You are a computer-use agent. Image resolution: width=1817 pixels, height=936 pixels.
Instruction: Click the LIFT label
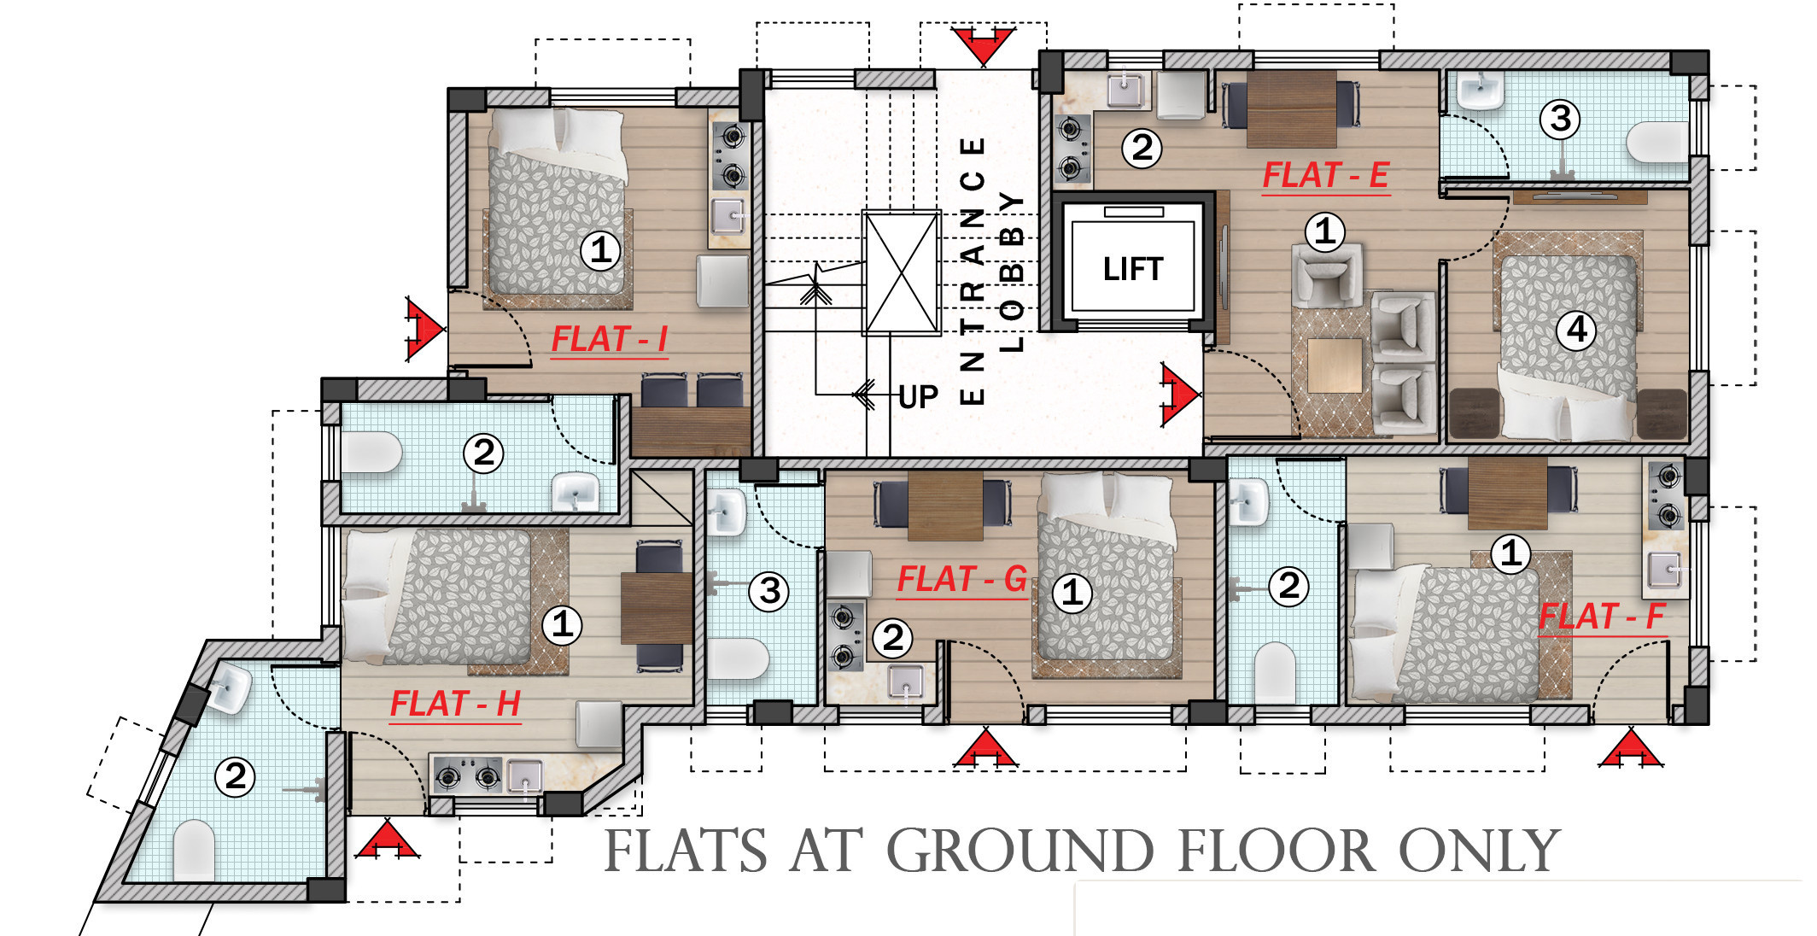coord(1133,269)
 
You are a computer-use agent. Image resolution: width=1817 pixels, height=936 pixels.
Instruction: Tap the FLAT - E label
coord(1325,175)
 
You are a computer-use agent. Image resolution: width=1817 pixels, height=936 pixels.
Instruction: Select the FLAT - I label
coord(609,339)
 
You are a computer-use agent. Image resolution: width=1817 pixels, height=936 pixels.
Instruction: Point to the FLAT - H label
coord(455,704)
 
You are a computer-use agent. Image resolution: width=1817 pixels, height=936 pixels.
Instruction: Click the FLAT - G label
coord(961,579)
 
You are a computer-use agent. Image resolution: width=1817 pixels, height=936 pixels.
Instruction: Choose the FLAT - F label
coord(1602,616)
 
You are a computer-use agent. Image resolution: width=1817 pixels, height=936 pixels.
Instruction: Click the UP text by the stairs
coord(918,397)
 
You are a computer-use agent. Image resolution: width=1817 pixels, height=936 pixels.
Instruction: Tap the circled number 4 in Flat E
coord(1576,330)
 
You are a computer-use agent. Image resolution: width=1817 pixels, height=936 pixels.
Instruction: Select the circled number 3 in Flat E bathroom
coord(1560,119)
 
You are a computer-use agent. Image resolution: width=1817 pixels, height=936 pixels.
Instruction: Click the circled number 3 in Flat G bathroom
coord(769,591)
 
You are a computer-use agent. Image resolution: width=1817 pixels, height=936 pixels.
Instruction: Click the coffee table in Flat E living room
coord(1334,366)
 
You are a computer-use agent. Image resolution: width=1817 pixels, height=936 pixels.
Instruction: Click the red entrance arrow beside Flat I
coord(424,329)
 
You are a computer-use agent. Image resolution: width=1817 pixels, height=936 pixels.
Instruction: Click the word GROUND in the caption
coord(1020,851)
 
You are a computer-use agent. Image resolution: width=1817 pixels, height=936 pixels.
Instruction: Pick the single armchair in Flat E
coord(1325,275)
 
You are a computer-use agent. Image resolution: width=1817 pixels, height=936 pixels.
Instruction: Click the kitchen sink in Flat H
coord(524,776)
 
